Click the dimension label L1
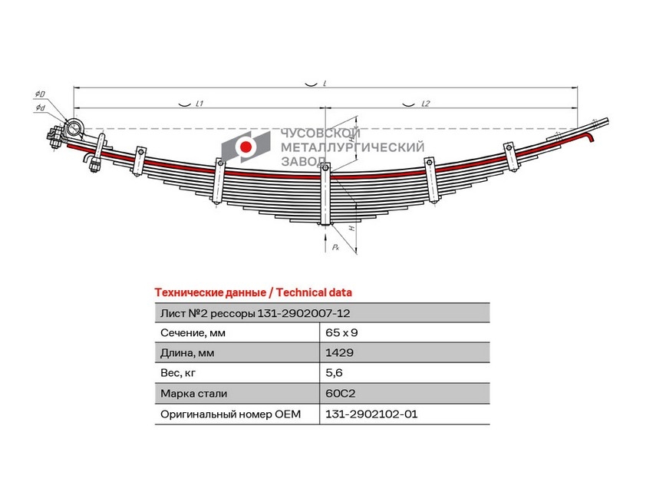(199, 103)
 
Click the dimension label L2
(425, 104)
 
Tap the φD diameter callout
(40, 94)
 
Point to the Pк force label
(335, 247)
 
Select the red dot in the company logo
(246, 147)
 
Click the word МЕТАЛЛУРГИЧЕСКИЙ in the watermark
(352, 147)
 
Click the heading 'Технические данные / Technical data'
(253, 292)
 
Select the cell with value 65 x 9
(341, 332)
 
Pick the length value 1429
(339, 353)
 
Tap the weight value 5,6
(334, 373)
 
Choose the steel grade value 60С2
(340, 394)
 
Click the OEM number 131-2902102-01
(371, 414)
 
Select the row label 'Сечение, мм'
(193, 333)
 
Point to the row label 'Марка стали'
(193, 394)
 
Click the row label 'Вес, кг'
(178, 373)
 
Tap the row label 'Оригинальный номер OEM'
(230, 414)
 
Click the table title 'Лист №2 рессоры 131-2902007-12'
(255, 313)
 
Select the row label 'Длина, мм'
(187, 353)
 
